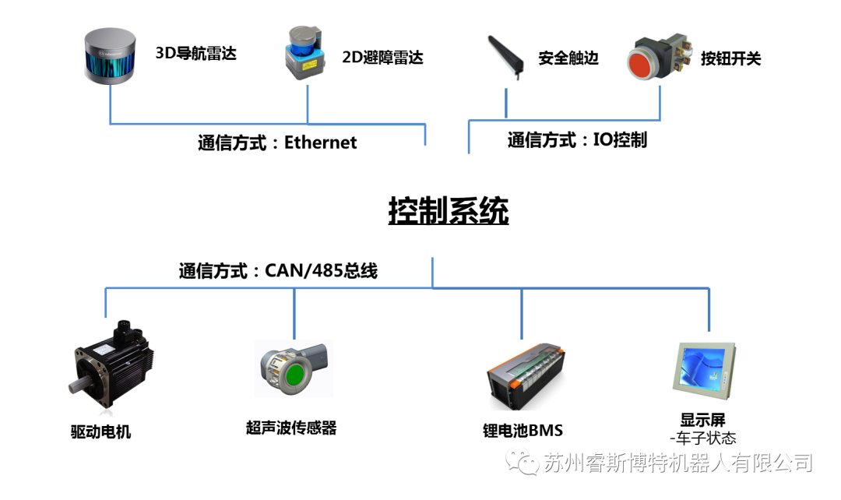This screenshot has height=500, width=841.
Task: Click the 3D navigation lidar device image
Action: tap(109, 57)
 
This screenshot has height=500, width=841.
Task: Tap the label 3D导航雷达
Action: tap(195, 54)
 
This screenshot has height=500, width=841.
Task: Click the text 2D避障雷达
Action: tap(382, 57)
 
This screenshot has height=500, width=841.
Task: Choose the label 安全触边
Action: tap(568, 58)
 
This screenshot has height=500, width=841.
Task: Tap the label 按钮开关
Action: tap(730, 58)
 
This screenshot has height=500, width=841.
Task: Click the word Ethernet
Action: tap(320, 143)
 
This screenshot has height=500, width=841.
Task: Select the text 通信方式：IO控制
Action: tap(577, 140)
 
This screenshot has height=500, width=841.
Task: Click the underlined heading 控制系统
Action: tap(449, 210)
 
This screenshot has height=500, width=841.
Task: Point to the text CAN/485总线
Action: tap(321, 270)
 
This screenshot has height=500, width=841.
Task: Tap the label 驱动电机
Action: tap(100, 431)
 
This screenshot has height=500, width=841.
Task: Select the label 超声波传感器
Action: tap(291, 428)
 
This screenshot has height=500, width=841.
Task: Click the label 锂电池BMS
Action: tap(523, 431)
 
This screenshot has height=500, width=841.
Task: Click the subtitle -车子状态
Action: tap(702, 438)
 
